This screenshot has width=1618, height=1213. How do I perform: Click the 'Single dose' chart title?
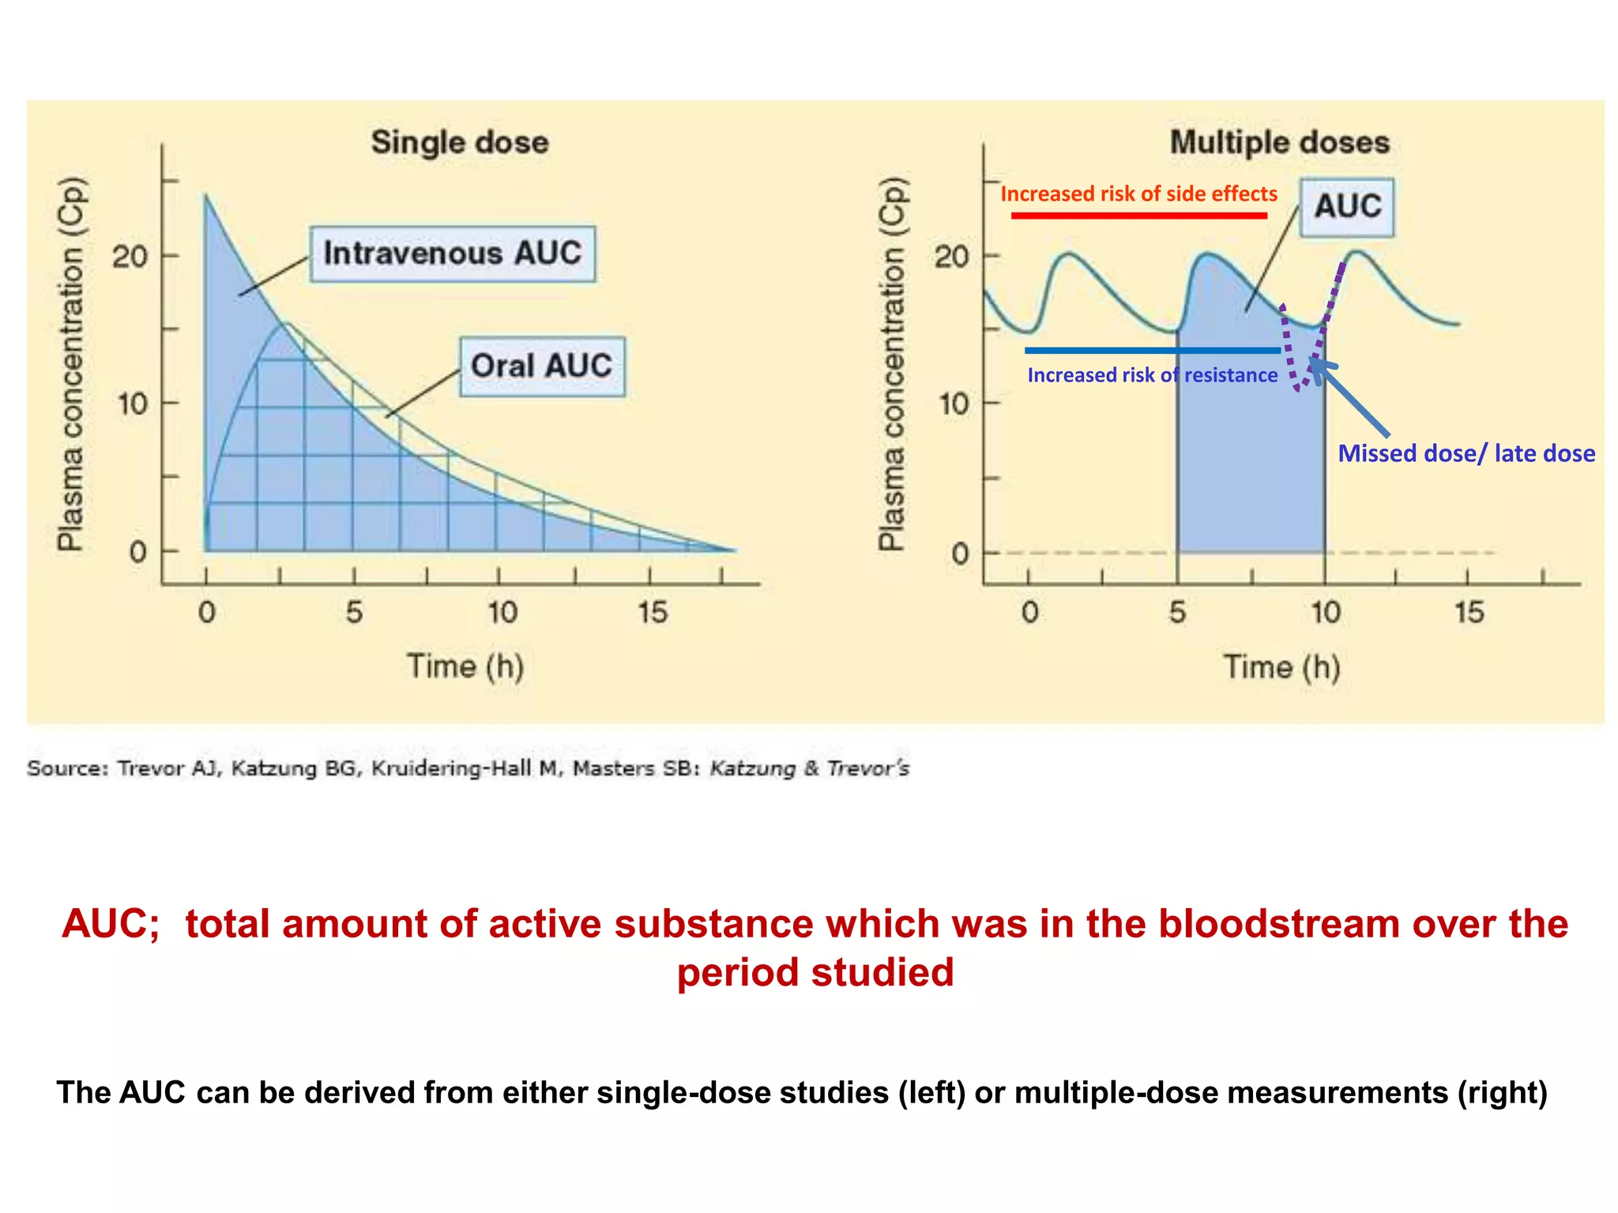[460, 143]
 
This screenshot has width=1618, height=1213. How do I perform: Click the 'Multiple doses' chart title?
[1279, 143]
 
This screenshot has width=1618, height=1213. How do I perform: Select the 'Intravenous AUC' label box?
[453, 253]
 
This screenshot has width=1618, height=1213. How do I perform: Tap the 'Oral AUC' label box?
[542, 366]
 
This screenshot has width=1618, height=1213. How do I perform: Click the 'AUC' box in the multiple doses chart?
[1347, 207]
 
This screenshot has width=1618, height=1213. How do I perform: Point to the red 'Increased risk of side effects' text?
[1138, 194]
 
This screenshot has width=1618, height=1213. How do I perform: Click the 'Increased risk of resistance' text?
[1152, 375]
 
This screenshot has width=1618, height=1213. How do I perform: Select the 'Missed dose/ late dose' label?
[1466, 453]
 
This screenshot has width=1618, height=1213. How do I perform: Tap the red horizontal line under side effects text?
[1138, 216]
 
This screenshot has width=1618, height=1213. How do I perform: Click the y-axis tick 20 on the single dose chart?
[130, 257]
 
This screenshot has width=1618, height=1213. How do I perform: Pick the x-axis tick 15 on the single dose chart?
[653, 613]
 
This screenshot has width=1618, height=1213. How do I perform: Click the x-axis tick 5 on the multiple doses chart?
[1177, 613]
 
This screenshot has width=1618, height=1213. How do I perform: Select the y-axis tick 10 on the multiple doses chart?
[954, 404]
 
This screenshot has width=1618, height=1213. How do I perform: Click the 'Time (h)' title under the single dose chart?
[465, 667]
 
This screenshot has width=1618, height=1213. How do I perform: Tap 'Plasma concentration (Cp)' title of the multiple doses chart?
[893, 363]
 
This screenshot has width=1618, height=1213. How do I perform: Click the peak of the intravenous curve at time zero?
[205, 196]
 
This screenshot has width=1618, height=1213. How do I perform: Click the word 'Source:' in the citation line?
[67, 768]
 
